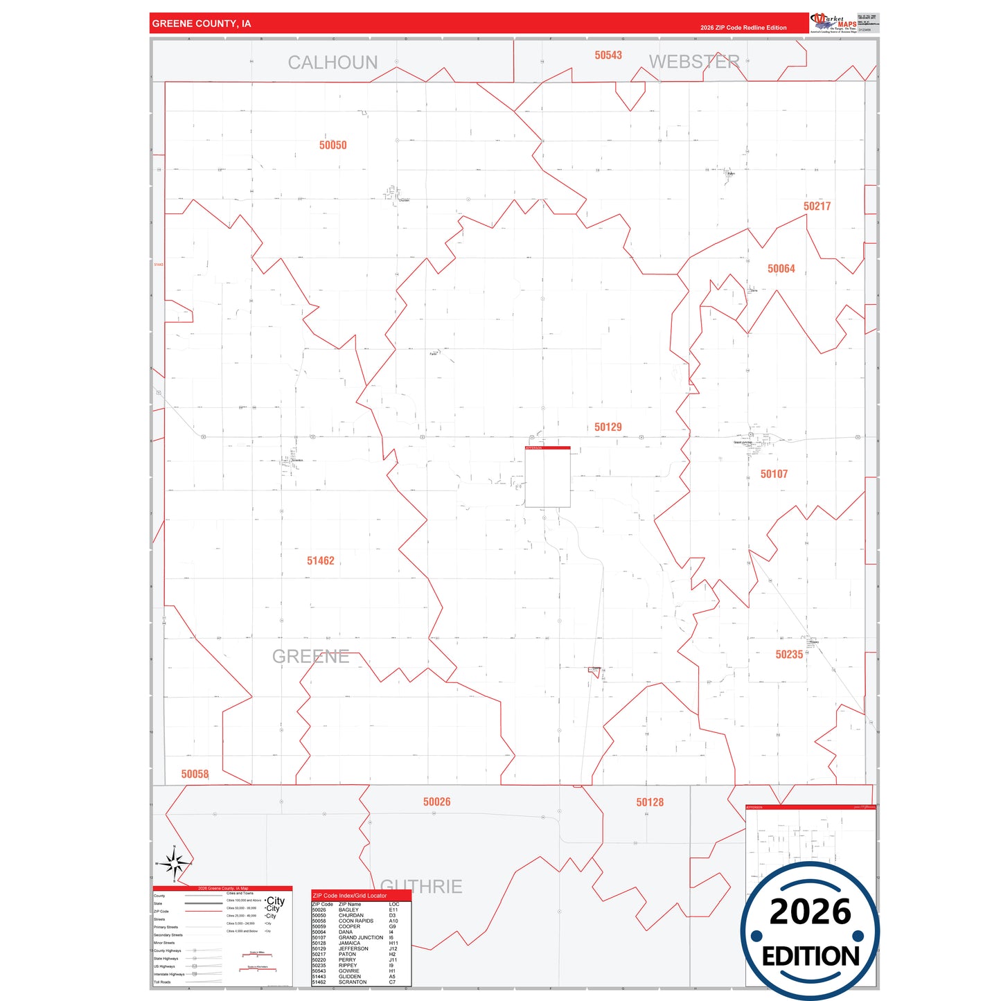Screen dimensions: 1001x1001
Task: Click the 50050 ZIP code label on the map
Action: click(333, 145)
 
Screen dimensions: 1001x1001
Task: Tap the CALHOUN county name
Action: click(333, 62)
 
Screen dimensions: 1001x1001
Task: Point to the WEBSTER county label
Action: click(694, 62)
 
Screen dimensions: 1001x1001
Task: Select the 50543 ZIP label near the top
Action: click(608, 55)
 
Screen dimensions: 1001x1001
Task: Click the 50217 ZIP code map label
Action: click(817, 206)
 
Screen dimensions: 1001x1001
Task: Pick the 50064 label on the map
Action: click(781, 269)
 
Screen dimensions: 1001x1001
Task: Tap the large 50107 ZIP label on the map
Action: click(774, 474)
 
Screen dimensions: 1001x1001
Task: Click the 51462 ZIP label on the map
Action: click(320, 560)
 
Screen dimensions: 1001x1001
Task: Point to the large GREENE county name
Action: click(310, 656)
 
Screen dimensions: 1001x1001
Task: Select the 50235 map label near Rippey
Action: click(789, 655)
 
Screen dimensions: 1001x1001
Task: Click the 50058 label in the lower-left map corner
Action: click(195, 774)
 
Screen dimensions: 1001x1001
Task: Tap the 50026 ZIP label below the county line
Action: click(436, 801)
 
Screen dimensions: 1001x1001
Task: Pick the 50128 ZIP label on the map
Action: click(650, 802)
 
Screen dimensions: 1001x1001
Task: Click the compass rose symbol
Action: click(175, 862)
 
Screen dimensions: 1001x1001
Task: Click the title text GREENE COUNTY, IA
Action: click(202, 24)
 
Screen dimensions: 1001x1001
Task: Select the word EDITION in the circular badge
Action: click(810, 956)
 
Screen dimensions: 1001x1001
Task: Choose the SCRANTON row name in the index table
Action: click(353, 982)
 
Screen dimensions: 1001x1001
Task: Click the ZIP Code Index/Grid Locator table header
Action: click(350, 896)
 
